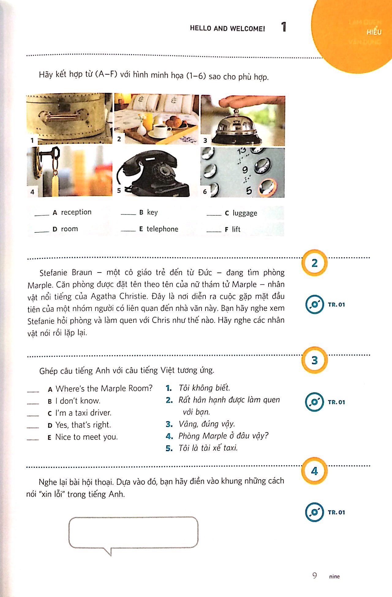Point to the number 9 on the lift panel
245,170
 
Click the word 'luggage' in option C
245,213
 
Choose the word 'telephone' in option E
162,229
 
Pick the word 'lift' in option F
236,229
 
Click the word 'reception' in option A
76,212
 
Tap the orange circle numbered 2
315,263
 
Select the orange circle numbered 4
315,471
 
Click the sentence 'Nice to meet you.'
86,437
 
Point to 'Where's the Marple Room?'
104,388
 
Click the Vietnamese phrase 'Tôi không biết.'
204,388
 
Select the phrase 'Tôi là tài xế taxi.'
208,448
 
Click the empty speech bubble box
133,532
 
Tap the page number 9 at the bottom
315,576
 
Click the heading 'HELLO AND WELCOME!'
227,28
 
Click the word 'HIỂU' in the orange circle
374,32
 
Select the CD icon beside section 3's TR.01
314,402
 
